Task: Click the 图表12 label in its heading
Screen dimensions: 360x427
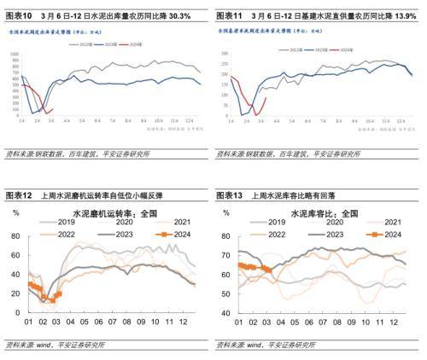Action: click(20, 195)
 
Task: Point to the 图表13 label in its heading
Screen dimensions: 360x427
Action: click(231, 195)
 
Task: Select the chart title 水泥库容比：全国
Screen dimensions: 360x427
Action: click(325, 211)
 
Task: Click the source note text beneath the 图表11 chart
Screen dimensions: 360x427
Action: click(286, 154)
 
